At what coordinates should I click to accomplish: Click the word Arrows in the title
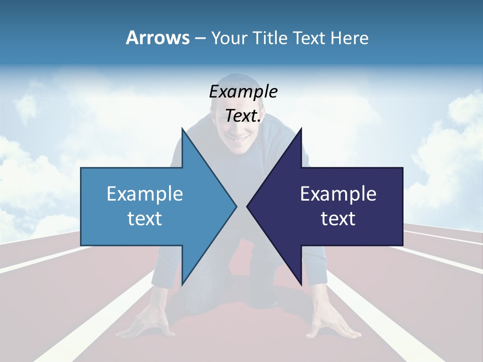[x=157, y=38]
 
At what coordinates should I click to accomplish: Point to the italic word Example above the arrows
[x=243, y=92]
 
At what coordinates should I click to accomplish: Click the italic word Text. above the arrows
[x=243, y=116]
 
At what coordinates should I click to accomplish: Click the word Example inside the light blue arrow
[x=145, y=194]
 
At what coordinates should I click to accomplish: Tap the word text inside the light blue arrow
[x=145, y=218]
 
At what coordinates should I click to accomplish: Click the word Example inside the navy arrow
[x=338, y=194]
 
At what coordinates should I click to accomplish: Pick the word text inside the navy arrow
[x=338, y=218]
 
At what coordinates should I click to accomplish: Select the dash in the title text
[x=200, y=38]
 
